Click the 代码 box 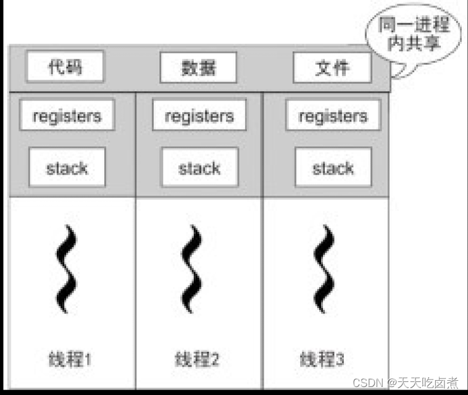pos(65,67)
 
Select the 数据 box pos(198,67)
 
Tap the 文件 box pos(332,67)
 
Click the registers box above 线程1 pos(67,115)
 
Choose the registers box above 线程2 pos(199,115)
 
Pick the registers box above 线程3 pos(333,115)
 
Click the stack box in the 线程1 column pos(67,167)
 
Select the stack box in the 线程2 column pos(199,167)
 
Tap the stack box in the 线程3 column pos(333,167)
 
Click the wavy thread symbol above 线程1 pos(67,269)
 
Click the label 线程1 pos(70,359)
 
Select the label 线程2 pos(197,359)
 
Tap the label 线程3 pos(322,359)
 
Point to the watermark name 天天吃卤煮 pos(432,383)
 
